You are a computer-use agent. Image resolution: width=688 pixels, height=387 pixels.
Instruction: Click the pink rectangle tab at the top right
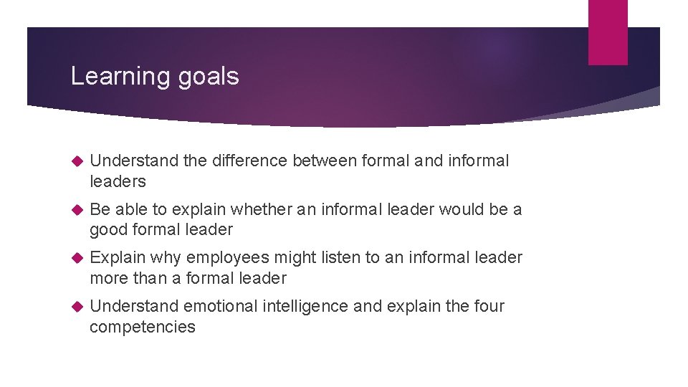click(x=608, y=32)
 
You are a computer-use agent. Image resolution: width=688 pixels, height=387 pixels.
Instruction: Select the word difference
click(x=248, y=161)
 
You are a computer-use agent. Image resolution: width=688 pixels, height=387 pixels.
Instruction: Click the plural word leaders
click(x=118, y=181)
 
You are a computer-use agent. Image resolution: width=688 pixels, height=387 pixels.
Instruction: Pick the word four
click(x=489, y=306)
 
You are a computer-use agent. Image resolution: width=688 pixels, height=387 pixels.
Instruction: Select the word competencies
click(x=143, y=327)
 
